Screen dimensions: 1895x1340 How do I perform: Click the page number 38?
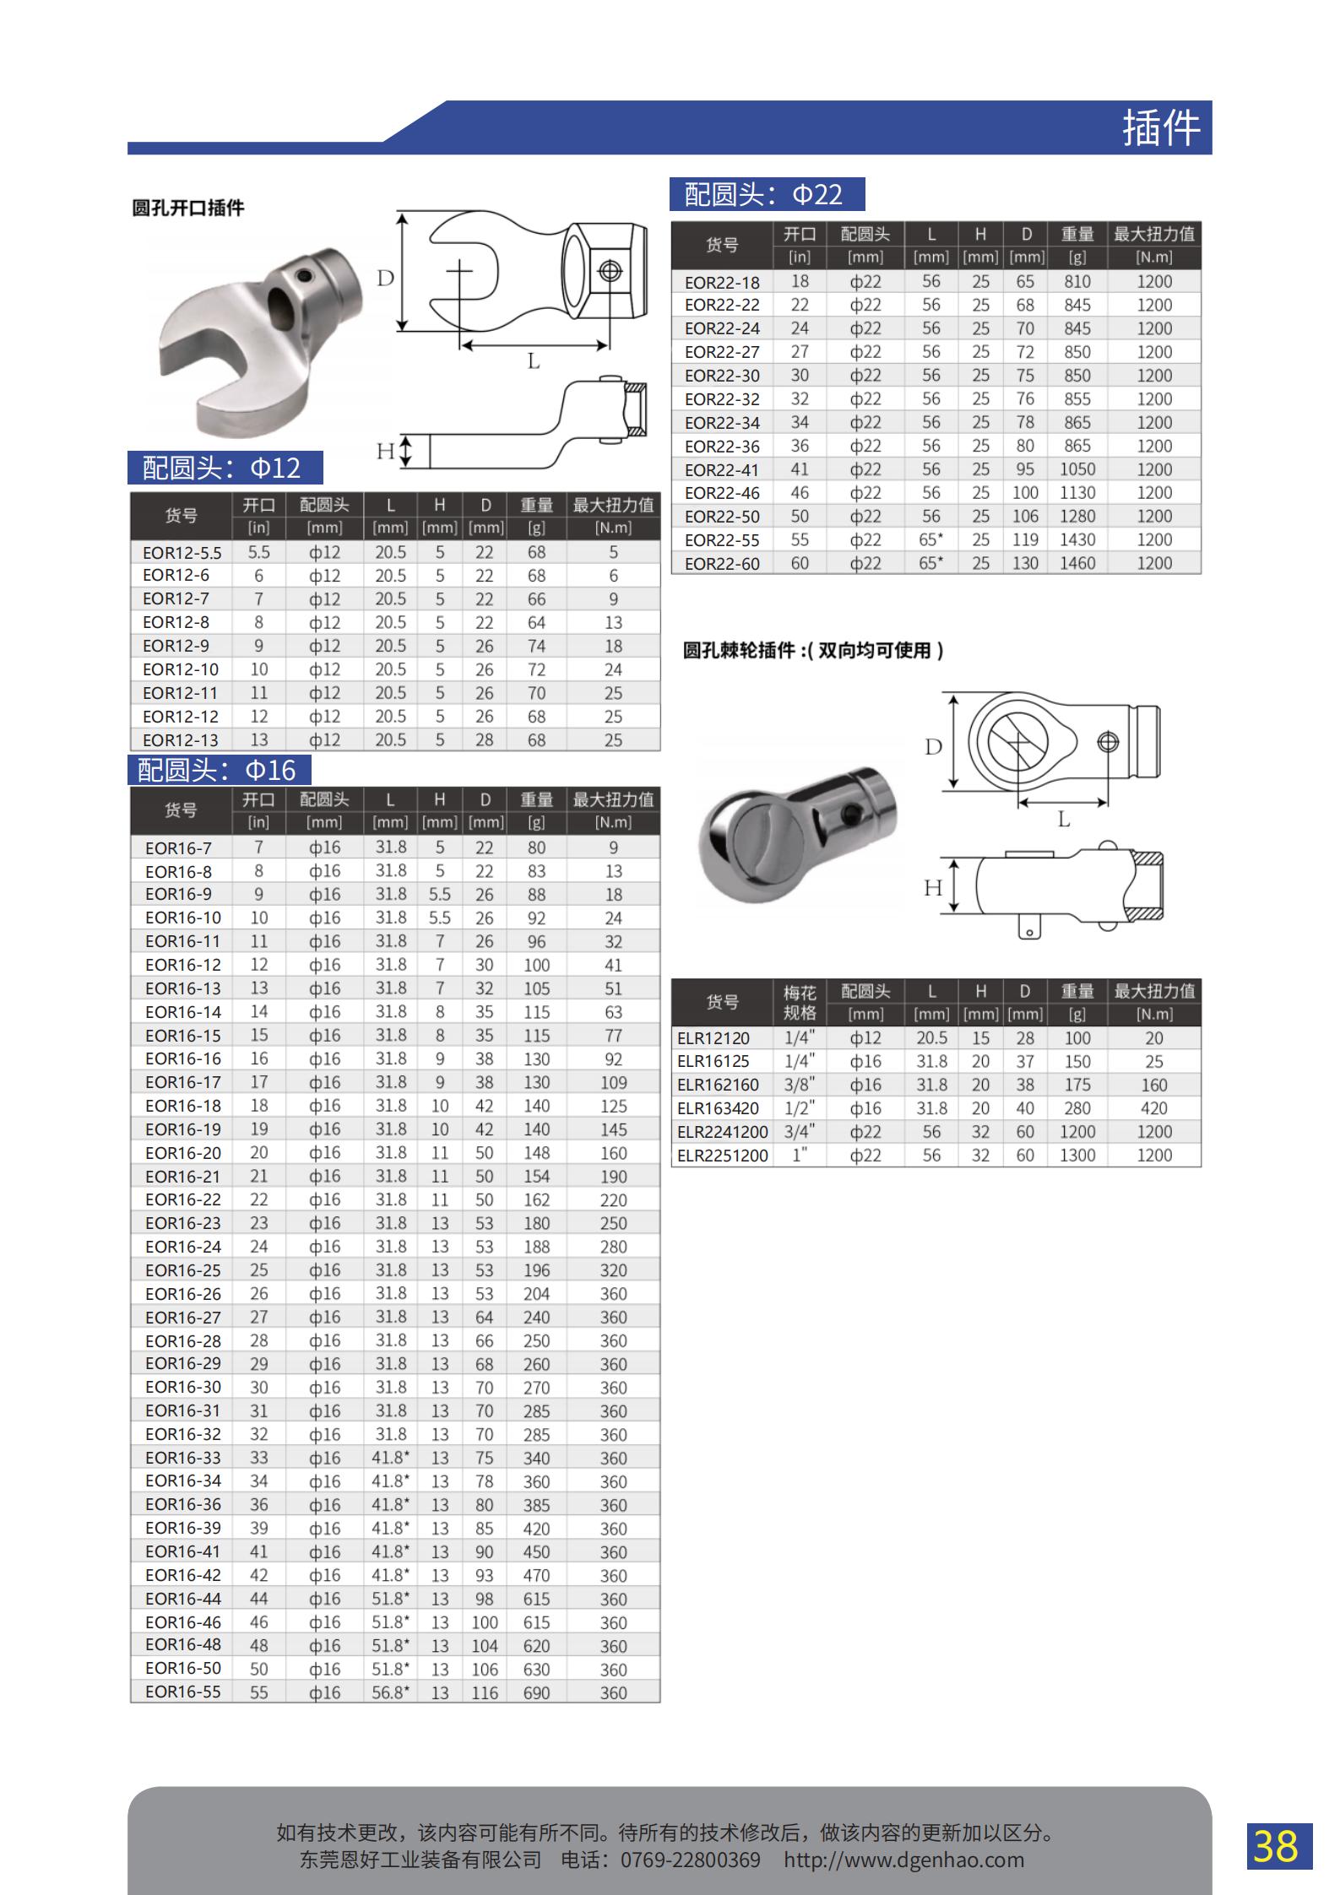click(1278, 1845)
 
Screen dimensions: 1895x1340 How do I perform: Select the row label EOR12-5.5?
click(182, 553)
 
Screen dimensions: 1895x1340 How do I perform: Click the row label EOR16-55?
click(182, 1692)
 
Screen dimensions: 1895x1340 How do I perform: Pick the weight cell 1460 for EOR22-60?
click(1077, 563)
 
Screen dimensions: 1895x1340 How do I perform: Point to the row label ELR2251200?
click(723, 1156)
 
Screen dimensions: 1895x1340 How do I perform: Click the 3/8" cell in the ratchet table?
click(799, 1085)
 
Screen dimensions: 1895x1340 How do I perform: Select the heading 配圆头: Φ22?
click(767, 195)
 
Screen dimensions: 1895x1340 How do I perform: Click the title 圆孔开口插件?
click(188, 208)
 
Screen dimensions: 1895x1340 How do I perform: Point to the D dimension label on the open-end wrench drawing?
click(385, 278)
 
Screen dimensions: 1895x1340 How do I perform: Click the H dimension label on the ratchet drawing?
click(932, 887)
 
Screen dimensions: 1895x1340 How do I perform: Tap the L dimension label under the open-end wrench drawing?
click(533, 361)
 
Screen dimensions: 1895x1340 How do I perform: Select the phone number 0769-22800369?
click(690, 1860)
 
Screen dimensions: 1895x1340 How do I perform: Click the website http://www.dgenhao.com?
click(903, 1860)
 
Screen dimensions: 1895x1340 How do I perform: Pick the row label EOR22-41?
click(722, 470)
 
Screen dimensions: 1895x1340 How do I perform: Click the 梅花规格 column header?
click(799, 1002)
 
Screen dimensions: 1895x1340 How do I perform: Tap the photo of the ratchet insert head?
click(797, 835)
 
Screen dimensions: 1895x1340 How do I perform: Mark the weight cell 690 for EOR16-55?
click(536, 1692)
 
